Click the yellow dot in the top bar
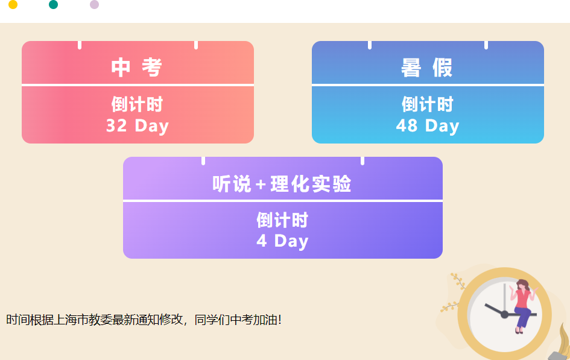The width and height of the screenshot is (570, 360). click(13, 4)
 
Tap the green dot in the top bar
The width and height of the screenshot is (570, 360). click(54, 4)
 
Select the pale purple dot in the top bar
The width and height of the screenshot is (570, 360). click(94, 4)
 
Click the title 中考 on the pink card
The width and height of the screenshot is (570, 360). click(137, 67)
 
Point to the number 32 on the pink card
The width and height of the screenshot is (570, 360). click(116, 125)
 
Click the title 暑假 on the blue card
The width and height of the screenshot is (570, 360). click(427, 67)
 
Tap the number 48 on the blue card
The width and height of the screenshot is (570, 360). click(407, 125)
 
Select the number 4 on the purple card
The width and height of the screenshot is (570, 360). click(262, 241)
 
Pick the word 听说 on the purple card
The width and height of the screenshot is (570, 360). click(232, 184)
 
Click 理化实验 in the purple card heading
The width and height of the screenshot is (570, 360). click(311, 184)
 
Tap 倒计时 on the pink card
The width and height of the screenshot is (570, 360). click(137, 104)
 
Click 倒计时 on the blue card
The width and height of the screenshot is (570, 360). click(428, 104)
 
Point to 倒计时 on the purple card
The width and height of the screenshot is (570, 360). click(282, 220)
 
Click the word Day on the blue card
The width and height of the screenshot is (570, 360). click(442, 127)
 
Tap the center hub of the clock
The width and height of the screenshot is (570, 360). click(505, 314)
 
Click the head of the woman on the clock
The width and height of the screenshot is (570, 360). click(522, 285)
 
